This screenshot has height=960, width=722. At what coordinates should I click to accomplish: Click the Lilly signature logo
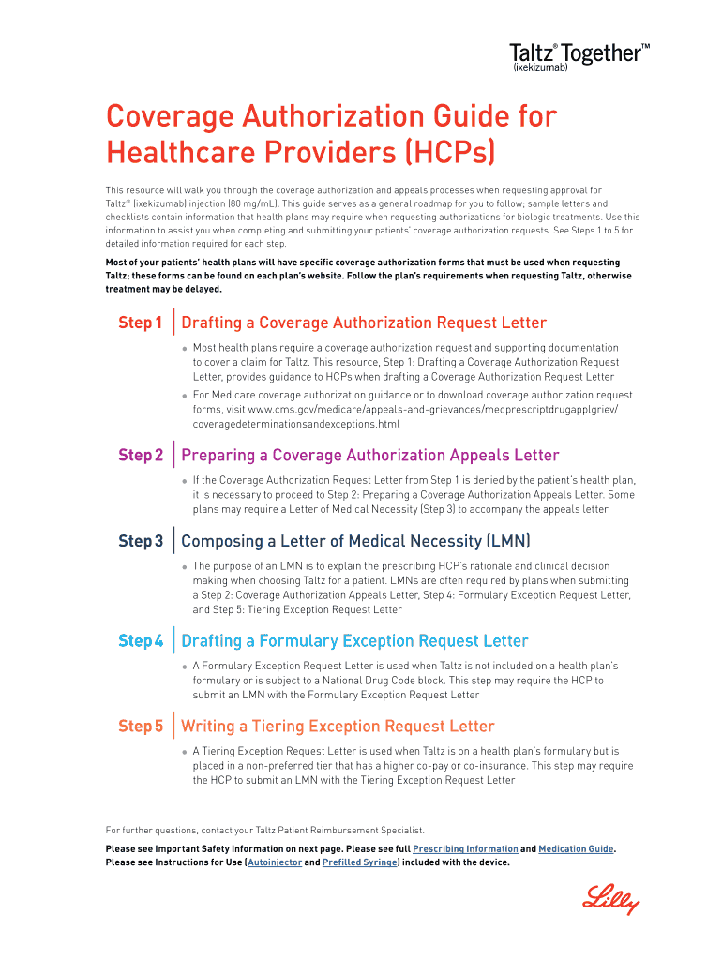coord(610,902)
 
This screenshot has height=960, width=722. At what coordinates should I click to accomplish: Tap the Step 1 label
coord(141,323)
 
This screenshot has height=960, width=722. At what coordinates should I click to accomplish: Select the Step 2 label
coord(141,456)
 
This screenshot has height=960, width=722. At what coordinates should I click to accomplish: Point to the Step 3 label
coord(141,541)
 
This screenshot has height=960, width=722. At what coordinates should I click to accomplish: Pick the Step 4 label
coord(141,641)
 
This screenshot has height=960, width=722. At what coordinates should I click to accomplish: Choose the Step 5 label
coord(141,727)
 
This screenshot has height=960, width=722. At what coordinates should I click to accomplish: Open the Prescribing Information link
coord(466,849)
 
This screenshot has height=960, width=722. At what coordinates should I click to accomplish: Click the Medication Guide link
coord(576,849)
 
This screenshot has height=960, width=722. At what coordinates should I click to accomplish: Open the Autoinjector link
coord(275,862)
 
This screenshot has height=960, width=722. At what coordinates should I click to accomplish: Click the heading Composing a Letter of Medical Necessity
coord(355,541)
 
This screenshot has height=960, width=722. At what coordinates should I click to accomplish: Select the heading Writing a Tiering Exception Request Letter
coord(338,727)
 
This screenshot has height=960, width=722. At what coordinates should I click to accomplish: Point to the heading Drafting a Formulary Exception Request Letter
coord(354,641)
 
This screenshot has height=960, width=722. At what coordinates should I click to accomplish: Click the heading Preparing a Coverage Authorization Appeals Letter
coord(369,456)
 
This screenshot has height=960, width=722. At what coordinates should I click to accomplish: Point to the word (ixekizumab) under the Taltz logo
coord(541,68)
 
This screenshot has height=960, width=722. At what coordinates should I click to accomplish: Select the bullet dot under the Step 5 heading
coord(185,752)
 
